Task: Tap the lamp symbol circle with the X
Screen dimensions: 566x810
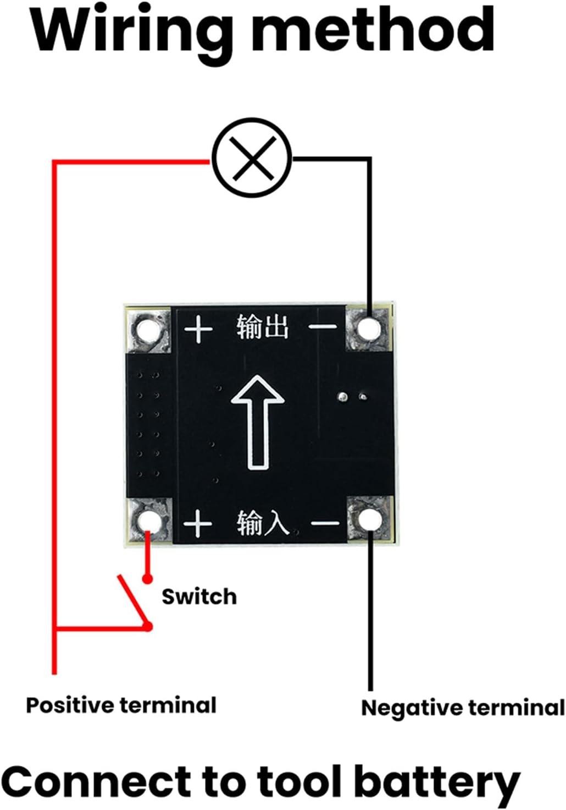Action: [x=251, y=158]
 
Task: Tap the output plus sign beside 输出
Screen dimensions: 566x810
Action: [x=198, y=329]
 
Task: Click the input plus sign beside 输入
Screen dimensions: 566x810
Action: [x=198, y=523]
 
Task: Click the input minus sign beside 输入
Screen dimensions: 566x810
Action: [x=325, y=523]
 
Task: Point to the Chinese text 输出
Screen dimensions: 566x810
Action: [x=263, y=327]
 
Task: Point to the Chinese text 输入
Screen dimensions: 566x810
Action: [x=263, y=523]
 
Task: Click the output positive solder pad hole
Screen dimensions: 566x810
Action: [x=148, y=330]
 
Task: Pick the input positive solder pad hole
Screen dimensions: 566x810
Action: [x=149, y=522]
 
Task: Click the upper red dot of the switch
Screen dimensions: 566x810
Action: [x=147, y=579]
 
